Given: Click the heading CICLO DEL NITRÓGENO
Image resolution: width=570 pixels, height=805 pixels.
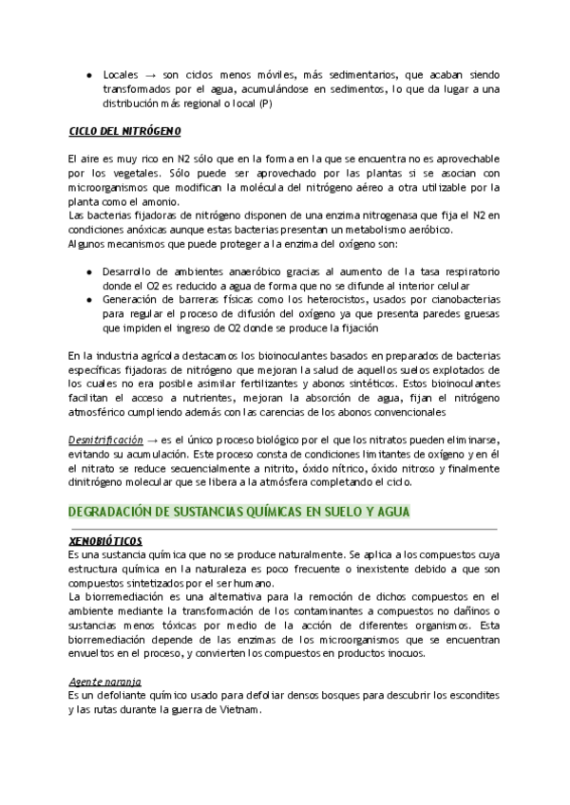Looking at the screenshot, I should [124, 130].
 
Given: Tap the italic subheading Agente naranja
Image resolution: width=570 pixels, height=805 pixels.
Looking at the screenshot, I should [104, 682].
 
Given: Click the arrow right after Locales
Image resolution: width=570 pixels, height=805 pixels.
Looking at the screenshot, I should [151, 74].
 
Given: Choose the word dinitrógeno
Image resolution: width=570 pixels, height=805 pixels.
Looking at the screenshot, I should [102, 483].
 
